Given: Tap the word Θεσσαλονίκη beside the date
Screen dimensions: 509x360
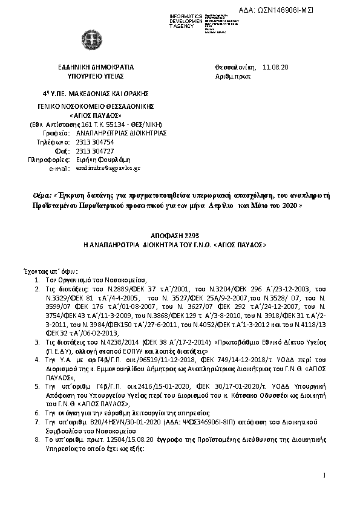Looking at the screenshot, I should pos(235,67).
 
